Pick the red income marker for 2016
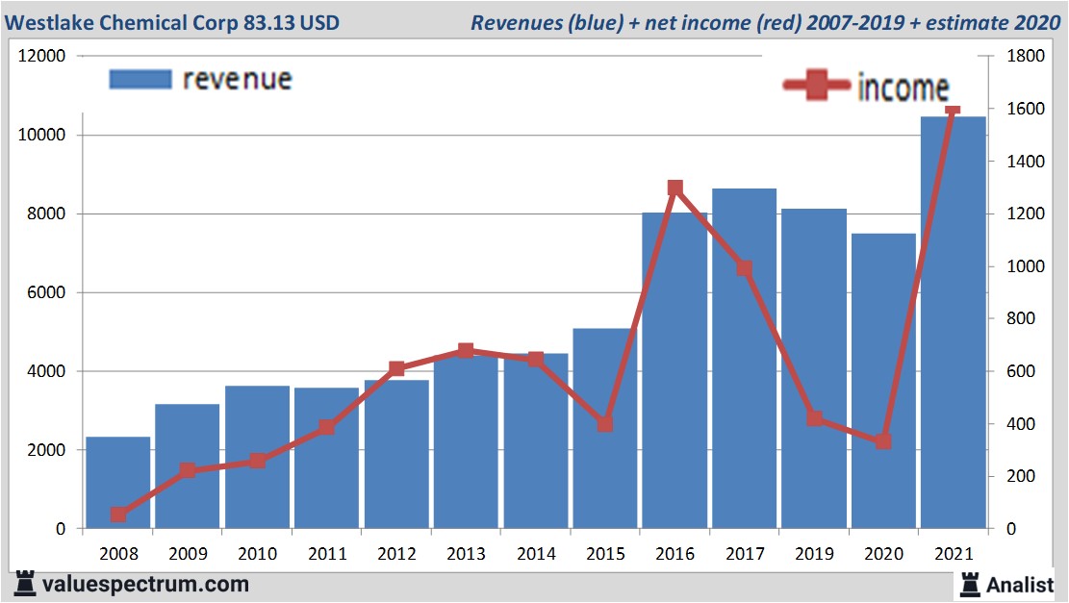674,188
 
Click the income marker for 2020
883,441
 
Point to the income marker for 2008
118,515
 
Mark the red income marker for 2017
744,268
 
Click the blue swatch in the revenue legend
140,79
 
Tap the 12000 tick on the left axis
42,57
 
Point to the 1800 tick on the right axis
1024,57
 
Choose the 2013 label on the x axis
466,554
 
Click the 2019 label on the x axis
813,554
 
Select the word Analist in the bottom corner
1021,584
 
